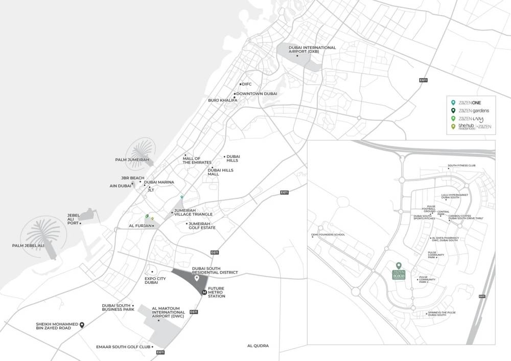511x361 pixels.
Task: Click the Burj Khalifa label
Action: coord(222,100)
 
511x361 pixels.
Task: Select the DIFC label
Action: coord(247,84)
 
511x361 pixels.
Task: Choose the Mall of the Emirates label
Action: coord(197,160)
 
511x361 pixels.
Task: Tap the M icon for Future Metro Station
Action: coord(204,292)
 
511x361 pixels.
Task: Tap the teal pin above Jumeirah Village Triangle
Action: coord(181,197)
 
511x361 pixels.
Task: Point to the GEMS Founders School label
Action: coord(328,235)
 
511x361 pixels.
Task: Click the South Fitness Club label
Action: coord(461,166)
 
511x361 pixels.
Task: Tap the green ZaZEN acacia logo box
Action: coord(399,275)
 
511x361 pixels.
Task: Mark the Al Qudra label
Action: coord(258,346)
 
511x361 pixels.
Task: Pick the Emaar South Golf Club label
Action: coord(123,347)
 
